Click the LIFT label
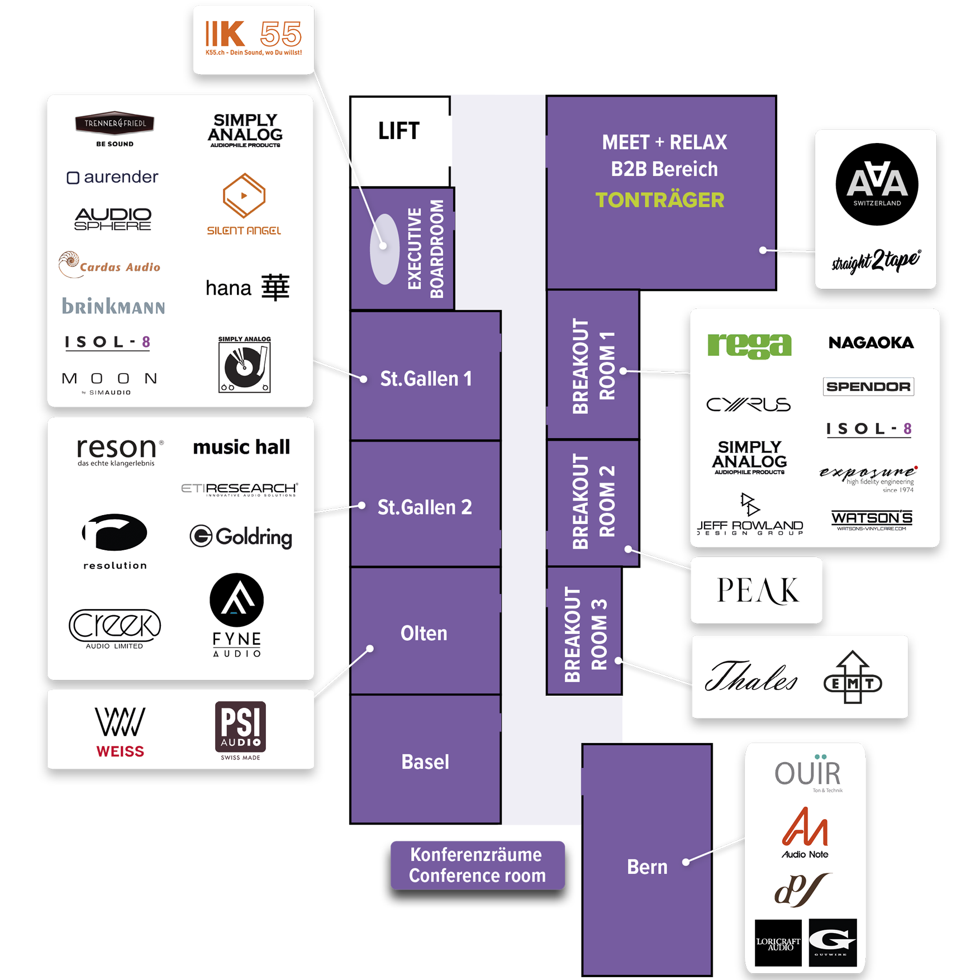398,131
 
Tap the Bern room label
647,867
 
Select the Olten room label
424,633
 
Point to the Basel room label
425,762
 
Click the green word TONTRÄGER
659,200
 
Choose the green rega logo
749,345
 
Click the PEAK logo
758,591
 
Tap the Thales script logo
751,676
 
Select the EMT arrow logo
853,678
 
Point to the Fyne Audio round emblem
236,600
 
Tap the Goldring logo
241,536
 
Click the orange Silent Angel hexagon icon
244,196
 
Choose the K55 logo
253,37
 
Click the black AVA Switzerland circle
877,184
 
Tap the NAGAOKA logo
870,342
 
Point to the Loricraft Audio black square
778,942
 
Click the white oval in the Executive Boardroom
385,249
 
